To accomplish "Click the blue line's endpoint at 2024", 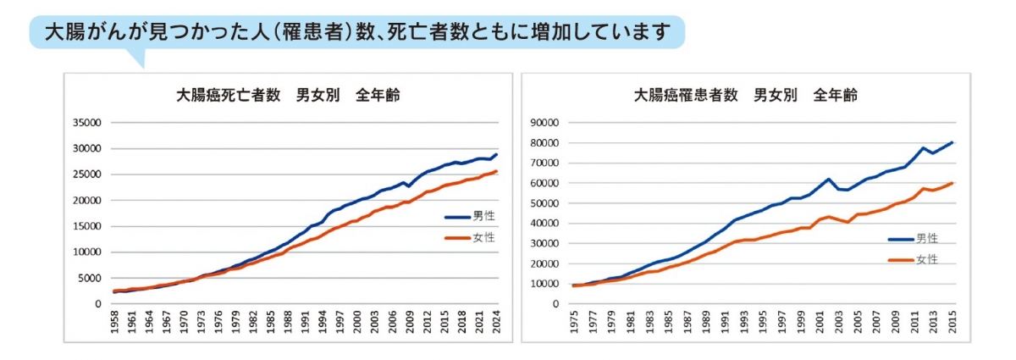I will pyautogui.click(x=497, y=154).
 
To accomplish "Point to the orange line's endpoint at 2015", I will pyautogui.click(x=953, y=182).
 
